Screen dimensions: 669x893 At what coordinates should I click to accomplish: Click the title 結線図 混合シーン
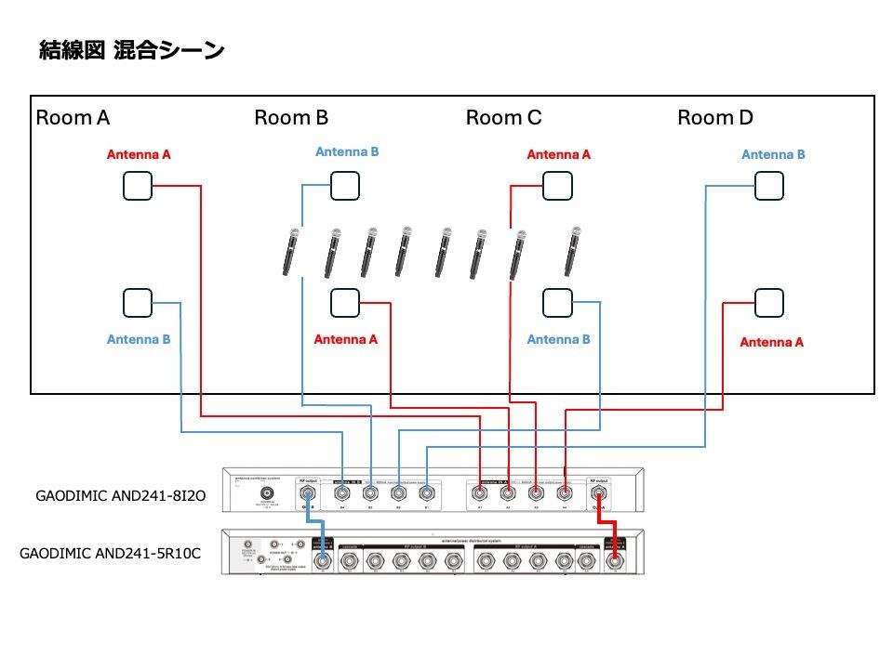[x=131, y=50]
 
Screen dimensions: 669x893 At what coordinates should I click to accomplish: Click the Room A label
[x=73, y=118]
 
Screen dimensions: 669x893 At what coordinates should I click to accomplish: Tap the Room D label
[x=714, y=118]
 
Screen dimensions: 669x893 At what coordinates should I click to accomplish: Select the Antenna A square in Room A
[x=137, y=186]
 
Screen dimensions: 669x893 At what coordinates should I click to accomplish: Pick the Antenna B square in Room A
[x=137, y=302]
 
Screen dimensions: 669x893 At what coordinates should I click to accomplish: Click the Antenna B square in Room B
[x=345, y=185]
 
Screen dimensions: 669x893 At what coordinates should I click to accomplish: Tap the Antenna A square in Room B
[x=345, y=302]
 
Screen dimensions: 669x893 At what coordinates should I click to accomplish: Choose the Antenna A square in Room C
[x=557, y=186]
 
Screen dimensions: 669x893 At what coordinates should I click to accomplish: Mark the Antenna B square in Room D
[x=768, y=186]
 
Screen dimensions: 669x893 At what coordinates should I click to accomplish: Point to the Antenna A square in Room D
[x=768, y=302]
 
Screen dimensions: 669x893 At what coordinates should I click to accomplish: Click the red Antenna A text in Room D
[x=771, y=342]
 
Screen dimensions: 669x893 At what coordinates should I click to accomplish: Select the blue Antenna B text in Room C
[x=558, y=339]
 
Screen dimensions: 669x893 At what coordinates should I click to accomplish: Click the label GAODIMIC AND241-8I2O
[x=120, y=497]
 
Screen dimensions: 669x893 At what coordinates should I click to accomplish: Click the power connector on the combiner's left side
[x=268, y=494]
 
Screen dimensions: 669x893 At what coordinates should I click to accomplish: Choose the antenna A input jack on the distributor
[x=613, y=560]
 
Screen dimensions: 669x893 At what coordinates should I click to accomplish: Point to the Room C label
[x=503, y=118]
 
